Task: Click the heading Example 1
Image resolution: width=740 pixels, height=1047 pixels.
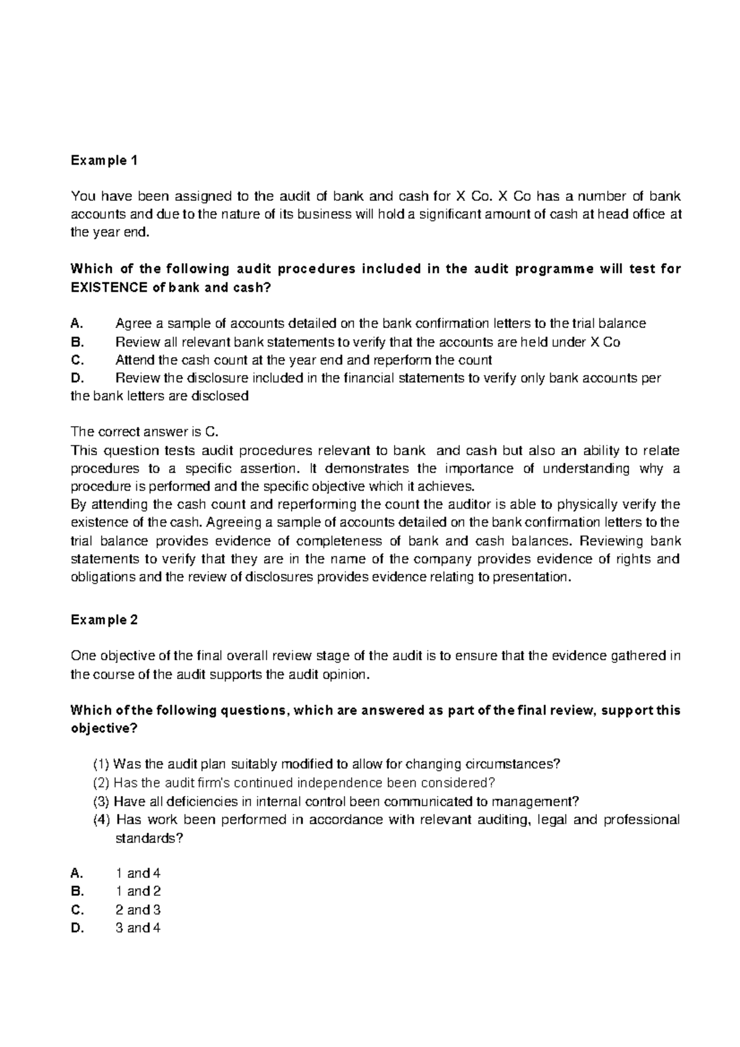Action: [104, 161]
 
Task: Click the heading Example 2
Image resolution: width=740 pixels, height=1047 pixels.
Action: [104, 620]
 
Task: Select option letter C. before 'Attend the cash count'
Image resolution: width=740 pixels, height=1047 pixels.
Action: [77, 360]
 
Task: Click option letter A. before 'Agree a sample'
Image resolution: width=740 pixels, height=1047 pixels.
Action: [76, 324]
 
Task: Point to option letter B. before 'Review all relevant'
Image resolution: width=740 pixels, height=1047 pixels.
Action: [76, 342]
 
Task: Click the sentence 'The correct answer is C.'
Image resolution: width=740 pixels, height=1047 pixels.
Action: [145, 432]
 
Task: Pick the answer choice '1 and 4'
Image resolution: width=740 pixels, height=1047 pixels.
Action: [138, 873]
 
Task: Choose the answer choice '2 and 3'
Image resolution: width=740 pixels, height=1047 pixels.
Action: [138, 909]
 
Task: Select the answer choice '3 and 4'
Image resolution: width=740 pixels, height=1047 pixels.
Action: [138, 928]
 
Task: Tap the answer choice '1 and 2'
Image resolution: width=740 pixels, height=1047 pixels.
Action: [138, 892]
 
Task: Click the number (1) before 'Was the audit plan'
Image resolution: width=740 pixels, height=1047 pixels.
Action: [101, 765]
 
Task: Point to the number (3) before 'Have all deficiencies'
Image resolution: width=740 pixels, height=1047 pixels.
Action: [101, 802]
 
